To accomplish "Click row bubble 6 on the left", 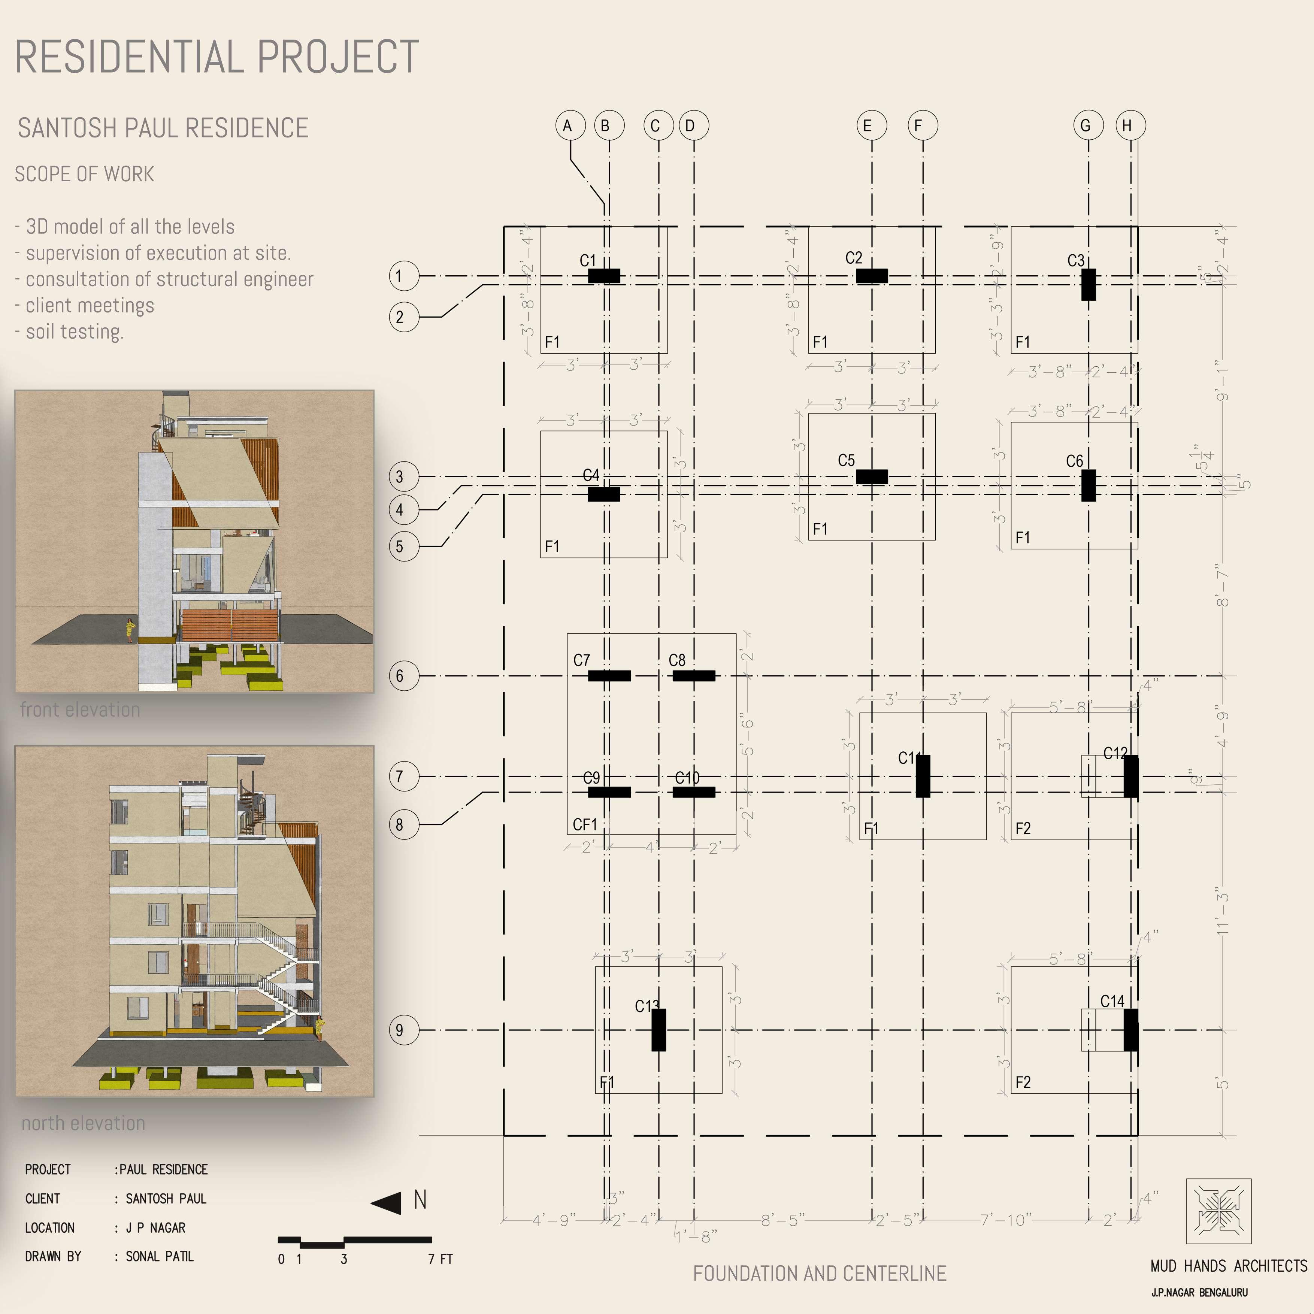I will point(403,676).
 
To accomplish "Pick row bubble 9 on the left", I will point(403,1030).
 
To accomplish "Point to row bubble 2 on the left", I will point(403,317).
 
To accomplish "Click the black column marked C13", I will point(658,1030).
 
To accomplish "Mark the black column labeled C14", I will point(1130,1030).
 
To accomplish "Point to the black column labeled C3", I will point(1088,284).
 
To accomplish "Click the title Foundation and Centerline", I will point(820,1273).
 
